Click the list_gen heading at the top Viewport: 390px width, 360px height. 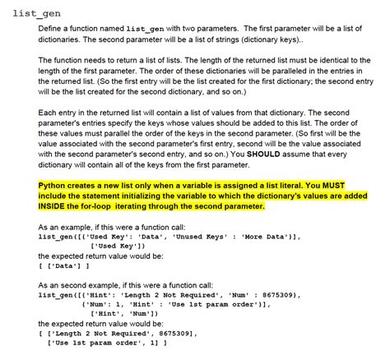(36, 14)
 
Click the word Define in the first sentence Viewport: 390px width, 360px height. (51, 29)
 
